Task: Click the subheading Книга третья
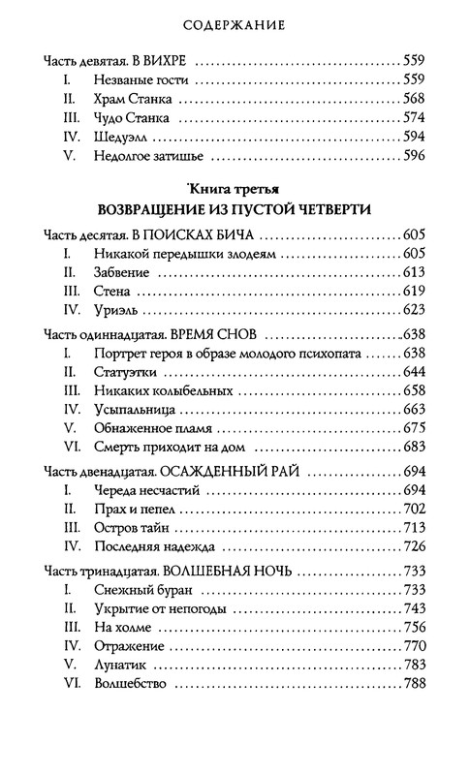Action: [235, 189]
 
